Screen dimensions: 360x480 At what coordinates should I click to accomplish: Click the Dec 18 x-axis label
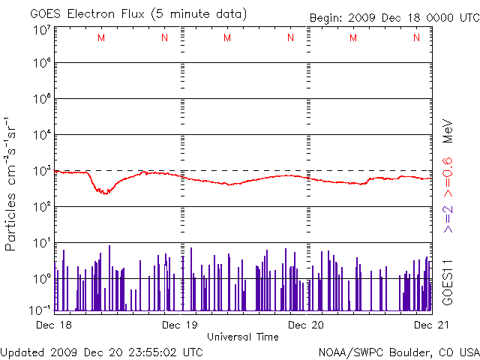[54, 325]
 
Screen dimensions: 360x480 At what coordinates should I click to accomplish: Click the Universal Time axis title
[243, 337]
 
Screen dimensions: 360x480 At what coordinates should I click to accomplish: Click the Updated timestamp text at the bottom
[102, 352]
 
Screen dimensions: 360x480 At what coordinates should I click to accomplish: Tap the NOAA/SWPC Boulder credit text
[398, 352]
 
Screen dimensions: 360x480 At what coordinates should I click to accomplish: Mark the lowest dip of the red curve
[105, 193]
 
